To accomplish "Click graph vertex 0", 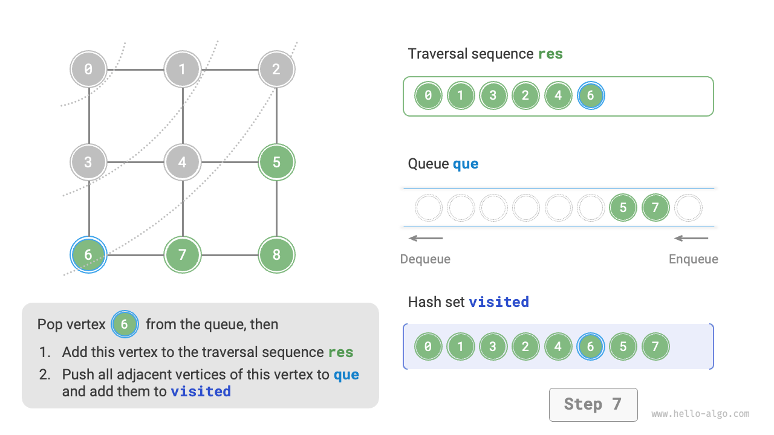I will pos(89,69).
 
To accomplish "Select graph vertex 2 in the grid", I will pos(276,69).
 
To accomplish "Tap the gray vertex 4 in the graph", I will pos(183,162).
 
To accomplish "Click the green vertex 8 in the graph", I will pos(276,255).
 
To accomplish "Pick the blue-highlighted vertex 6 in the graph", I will pos(89,255).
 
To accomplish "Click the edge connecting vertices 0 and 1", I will pos(135,69).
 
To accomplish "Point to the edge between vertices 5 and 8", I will pos(276,208).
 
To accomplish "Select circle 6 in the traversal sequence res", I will pos(591,95).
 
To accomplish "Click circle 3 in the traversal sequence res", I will pos(493,95).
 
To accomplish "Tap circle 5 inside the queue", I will pos(623,208).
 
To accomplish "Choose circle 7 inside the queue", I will pos(655,208).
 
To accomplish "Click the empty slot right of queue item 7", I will pos(688,208).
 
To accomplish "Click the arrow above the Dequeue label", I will pos(426,238).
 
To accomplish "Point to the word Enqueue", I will pos(693,259).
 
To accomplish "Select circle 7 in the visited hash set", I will pos(655,347).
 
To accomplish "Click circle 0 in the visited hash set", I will pos(428,347).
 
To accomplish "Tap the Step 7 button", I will pos(593,404).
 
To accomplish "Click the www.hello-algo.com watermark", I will pos(700,414).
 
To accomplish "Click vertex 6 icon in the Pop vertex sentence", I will pos(125,324).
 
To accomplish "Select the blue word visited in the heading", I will pos(499,301).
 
